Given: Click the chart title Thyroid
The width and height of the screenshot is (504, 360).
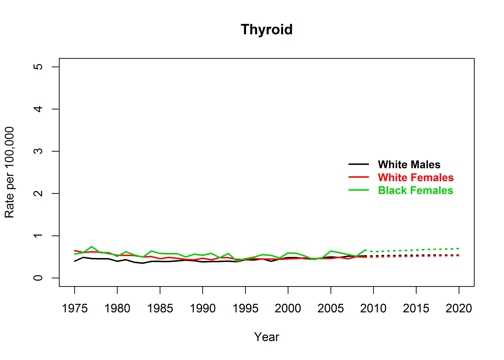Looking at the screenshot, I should click(x=266, y=29).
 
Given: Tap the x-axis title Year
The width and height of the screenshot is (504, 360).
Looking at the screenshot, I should click(x=266, y=337).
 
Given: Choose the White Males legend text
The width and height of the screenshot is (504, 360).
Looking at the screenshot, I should click(x=409, y=164).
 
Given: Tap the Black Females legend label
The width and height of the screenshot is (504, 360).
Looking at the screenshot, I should click(x=415, y=190).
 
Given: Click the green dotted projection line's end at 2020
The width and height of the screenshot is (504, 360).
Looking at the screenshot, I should click(x=459, y=248).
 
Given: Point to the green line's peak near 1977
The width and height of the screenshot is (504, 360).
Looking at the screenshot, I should click(x=92, y=246).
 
